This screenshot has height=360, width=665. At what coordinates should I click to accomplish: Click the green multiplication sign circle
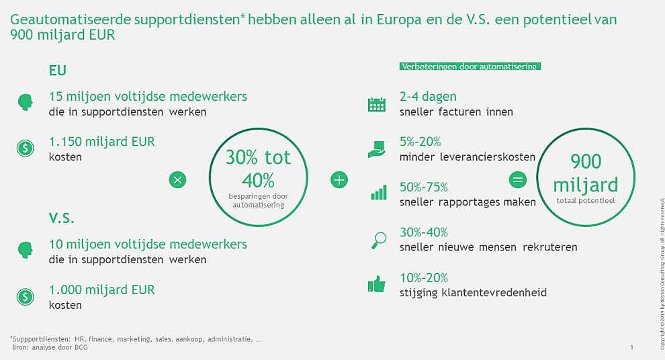click(177, 179)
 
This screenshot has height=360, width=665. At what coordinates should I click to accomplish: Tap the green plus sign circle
click(339, 179)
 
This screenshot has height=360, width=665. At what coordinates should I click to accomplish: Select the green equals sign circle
click(518, 179)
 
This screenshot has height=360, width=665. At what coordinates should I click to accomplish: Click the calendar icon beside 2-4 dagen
click(377, 104)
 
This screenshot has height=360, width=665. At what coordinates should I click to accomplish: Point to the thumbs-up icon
click(377, 285)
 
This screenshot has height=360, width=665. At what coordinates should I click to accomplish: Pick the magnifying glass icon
click(378, 239)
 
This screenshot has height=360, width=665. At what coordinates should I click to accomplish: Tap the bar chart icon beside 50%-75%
click(379, 193)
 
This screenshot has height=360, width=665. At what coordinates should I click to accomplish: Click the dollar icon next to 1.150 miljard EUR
click(25, 148)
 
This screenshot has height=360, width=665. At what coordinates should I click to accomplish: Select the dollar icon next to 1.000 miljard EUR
click(25, 297)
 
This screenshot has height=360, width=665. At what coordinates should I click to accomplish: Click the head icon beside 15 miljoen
click(25, 102)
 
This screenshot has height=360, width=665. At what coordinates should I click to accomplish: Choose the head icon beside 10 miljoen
click(25, 251)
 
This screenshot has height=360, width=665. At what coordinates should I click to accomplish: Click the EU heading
click(58, 71)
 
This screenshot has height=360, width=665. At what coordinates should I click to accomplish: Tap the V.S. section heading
click(62, 219)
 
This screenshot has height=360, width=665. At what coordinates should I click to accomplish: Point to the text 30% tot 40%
click(258, 169)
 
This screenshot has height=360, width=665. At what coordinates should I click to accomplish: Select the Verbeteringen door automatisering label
click(470, 67)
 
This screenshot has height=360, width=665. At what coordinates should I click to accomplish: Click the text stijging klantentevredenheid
click(473, 293)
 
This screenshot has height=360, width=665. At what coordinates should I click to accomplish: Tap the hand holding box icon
click(377, 148)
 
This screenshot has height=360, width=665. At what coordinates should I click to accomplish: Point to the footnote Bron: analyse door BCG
click(50, 347)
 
